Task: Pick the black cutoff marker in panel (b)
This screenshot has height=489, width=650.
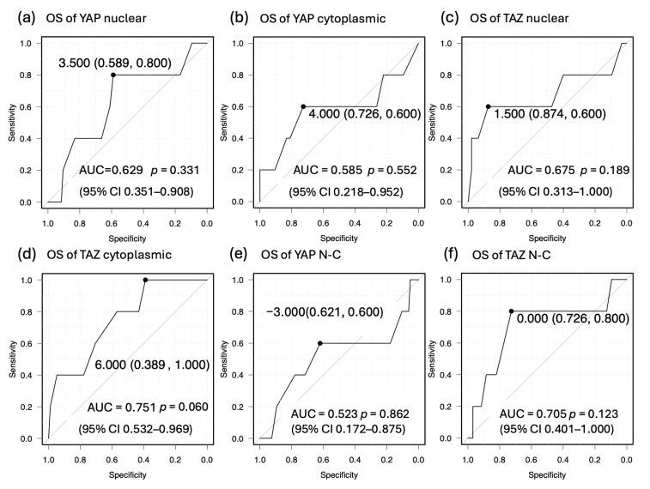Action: [x=303, y=106]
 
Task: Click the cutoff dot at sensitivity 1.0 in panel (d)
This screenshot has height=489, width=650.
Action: [x=145, y=280]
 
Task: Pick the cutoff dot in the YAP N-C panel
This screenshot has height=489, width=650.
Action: [x=319, y=343]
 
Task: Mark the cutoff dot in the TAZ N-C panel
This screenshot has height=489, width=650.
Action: [x=511, y=311]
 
